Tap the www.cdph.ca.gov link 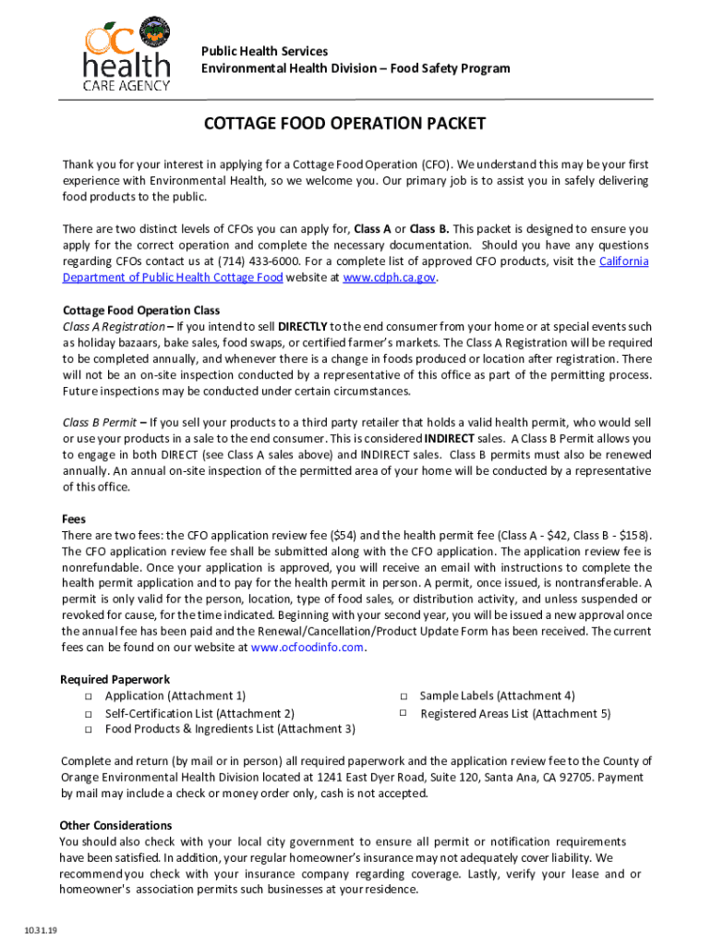point(388,277)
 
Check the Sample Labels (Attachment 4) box point(404,697)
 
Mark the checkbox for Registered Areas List point(404,713)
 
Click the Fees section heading point(73,519)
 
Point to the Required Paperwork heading point(114,679)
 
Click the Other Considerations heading point(115,825)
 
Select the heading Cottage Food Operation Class point(141,309)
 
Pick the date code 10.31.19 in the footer point(42,930)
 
